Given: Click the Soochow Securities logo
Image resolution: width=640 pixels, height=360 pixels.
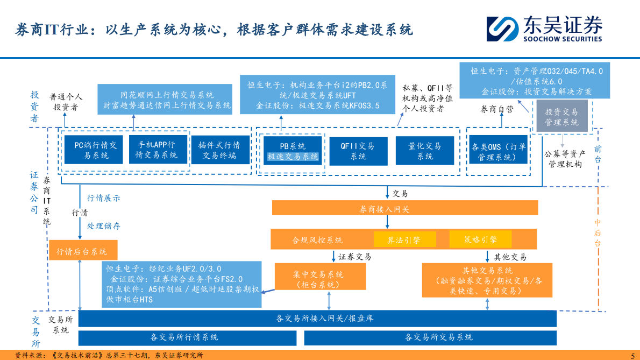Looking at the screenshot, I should (x=544, y=29).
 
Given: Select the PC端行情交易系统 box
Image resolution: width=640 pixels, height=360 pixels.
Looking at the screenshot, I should (x=92, y=150).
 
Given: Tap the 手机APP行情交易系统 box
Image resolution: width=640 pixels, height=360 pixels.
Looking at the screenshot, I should (x=157, y=150).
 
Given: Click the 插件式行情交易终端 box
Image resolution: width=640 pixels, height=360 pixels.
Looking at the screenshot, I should (x=219, y=151).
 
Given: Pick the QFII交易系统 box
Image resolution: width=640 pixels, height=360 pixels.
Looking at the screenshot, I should (x=358, y=151).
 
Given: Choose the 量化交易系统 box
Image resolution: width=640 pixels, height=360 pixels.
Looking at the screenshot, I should (x=425, y=151).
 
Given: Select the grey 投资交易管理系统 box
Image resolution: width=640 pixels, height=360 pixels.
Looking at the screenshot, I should (x=561, y=117).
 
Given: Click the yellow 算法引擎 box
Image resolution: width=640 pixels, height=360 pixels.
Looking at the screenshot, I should (x=404, y=239).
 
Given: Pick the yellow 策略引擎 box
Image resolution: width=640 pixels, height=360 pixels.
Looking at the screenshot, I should (x=480, y=239).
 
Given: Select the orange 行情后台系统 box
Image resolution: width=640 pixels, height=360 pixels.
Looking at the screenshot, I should (x=82, y=251).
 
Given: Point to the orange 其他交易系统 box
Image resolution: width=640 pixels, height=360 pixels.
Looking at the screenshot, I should (x=487, y=280).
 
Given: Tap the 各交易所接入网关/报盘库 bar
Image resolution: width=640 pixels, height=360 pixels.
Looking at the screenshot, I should (x=317, y=318).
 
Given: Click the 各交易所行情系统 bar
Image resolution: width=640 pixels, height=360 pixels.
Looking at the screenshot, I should (x=187, y=337).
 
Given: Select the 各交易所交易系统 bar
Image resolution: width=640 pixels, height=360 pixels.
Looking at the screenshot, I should (x=430, y=337).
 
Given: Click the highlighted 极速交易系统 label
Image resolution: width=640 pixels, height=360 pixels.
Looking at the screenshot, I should (x=293, y=157).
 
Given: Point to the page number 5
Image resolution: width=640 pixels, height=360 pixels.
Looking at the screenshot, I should (x=632, y=355).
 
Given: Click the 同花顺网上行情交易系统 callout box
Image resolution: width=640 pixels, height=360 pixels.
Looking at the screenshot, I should (x=167, y=100).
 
